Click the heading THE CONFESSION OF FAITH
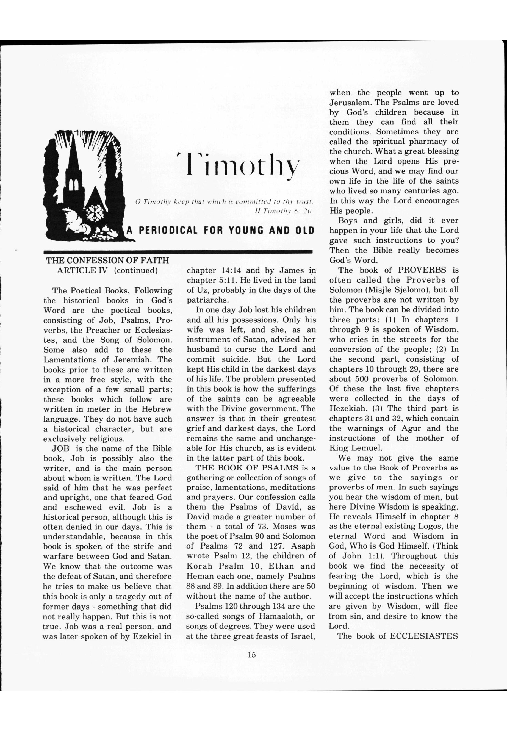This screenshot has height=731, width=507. pos(107,261)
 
